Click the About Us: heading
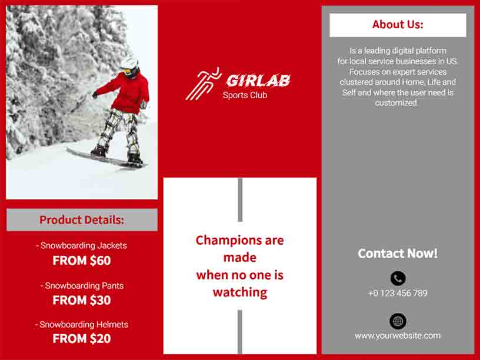tap(398, 25)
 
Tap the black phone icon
tap(398, 278)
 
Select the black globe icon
tap(398, 321)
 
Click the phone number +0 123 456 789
tap(398, 293)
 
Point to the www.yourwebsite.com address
tap(398, 336)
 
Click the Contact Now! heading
tap(398, 254)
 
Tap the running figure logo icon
tap(202, 84)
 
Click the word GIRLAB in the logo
tap(258, 81)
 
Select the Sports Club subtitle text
tap(245, 95)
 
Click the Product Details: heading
tap(82, 220)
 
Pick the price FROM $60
tap(82, 261)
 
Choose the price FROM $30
tap(82, 300)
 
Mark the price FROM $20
tap(82, 339)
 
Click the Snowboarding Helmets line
tap(82, 324)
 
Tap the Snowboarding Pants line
tap(82, 285)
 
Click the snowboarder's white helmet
tap(129, 63)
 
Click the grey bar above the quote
tap(240, 200)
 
